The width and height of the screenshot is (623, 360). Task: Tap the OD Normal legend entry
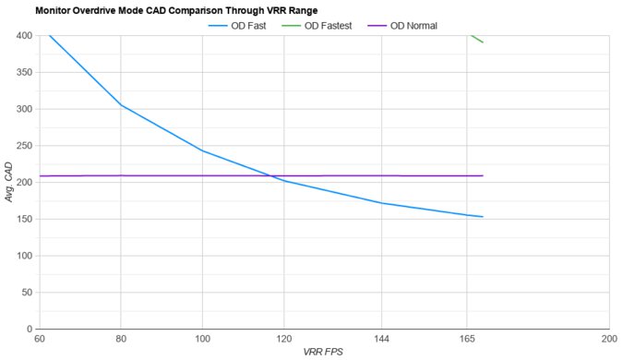(x=427, y=25)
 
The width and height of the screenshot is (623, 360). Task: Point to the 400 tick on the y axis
(x=23, y=36)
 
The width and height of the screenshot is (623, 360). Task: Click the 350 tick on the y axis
(x=23, y=72)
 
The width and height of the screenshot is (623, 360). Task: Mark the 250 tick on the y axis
(x=23, y=146)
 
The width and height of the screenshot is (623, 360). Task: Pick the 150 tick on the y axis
(x=23, y=219)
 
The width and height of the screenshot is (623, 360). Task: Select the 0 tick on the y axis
(x=29, y=329)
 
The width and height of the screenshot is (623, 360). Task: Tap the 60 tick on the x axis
(x=39, y=340)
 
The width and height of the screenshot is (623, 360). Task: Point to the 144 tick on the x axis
(x=381, y=340)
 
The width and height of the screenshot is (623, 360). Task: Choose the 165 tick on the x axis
(x=467, y=340)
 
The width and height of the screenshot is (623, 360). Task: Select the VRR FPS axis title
(x=323, y=353)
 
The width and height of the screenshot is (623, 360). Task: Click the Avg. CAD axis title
(x=8, y=182)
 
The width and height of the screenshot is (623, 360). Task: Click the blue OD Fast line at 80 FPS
(x=120, y=104)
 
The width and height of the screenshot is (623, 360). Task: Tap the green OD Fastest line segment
(x=477, y=39)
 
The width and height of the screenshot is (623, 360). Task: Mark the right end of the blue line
(x=483, y=217)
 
